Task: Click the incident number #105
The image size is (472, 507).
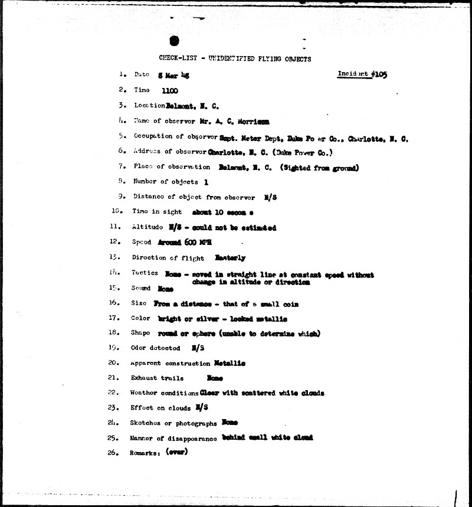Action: [378, 75]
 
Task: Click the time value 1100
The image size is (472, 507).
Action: [169, 91]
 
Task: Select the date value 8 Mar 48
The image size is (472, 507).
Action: [173, 76]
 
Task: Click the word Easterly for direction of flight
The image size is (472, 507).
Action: [231, 258]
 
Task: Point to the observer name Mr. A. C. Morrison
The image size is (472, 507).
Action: [236, 122]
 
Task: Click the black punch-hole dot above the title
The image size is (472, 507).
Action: [173, 41]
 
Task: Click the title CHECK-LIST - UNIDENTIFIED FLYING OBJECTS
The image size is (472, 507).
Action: [235, 58]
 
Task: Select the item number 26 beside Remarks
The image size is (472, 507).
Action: [114, 453]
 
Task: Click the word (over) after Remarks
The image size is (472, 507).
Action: [176, 453]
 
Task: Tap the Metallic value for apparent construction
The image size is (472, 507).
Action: [230, 363]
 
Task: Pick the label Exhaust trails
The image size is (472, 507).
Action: [157, 378]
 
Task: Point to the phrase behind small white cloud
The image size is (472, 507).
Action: [267, 437]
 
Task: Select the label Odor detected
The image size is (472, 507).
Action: [155, 348]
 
